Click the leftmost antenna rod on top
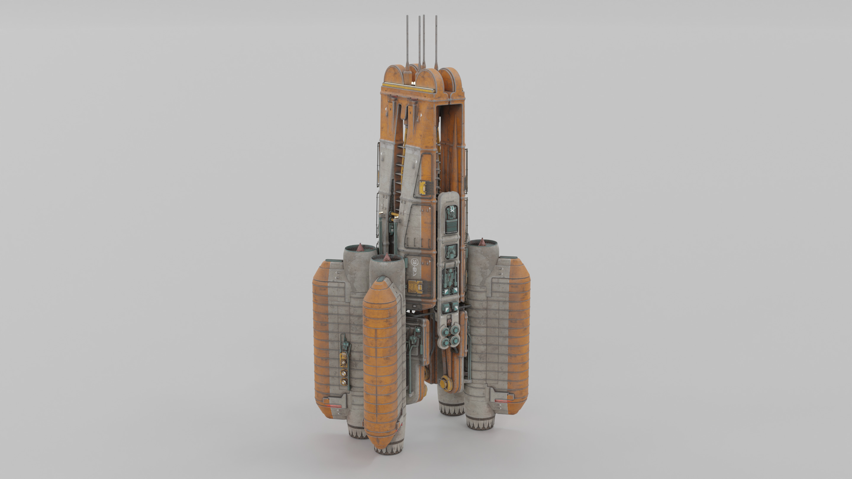point(407,40)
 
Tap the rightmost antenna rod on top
point(436,40)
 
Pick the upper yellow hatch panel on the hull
point(423,187)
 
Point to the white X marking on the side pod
point(452,209)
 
